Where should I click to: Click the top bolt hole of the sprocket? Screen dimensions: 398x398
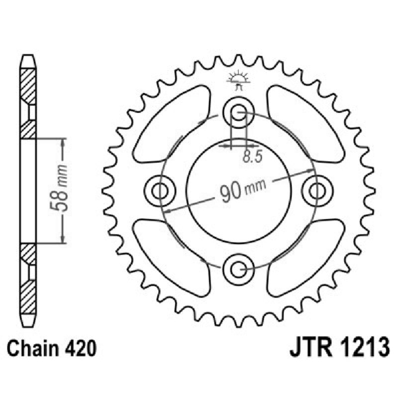point(238,111)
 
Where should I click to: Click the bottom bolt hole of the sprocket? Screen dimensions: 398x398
point(238,269)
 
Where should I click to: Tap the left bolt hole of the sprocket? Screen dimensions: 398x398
point(160,190)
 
